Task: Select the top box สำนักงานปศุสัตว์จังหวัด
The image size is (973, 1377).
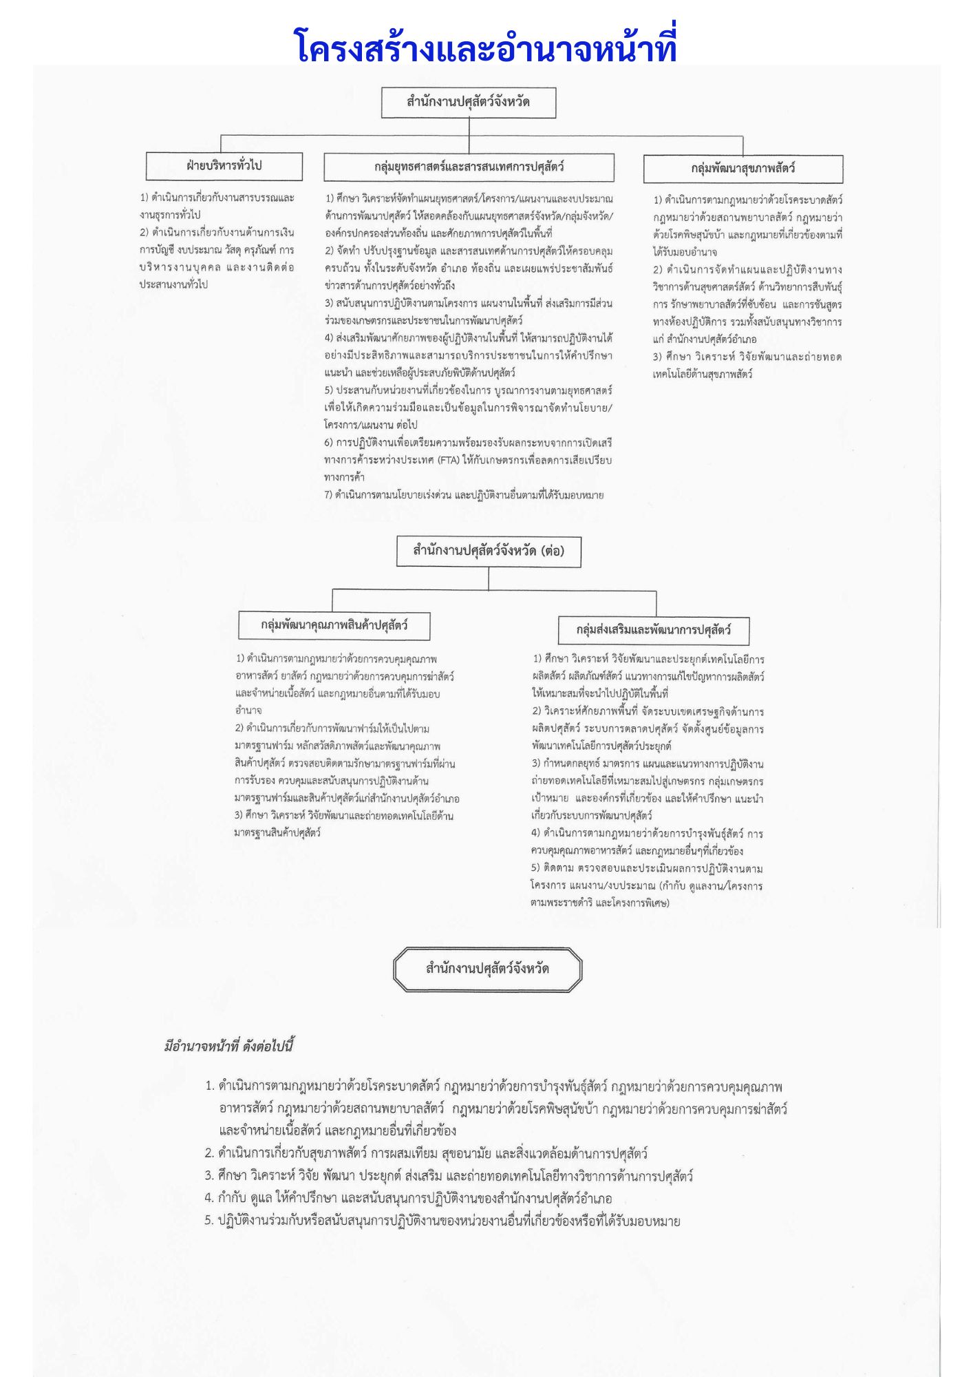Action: click(x=469, y=103)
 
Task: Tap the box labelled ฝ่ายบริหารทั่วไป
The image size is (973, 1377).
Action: click(x=224, y=166)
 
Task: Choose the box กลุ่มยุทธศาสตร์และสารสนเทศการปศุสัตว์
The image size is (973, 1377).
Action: click(x=469, y=167)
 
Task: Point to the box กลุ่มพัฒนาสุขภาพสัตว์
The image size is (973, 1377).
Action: click(x=742, y=169)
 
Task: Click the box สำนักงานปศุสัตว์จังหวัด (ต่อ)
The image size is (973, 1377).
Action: click(x=489, y=551)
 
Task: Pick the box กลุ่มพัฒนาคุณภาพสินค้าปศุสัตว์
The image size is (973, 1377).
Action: click(x=334, y=625)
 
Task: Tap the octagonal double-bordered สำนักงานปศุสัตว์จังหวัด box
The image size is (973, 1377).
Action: click(x=487, y=969)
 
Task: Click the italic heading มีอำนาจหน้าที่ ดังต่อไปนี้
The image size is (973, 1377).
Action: click(x=229, y=1047)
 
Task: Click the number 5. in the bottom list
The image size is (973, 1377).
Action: click(x=209, y=1221)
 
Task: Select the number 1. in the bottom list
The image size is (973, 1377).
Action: click(x=210, y=1086)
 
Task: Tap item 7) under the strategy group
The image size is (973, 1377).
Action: click(x=329, y=495)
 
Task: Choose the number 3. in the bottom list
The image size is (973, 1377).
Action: click(x=209, y=1176)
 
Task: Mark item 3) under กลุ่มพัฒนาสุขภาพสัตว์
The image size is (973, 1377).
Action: click(x=657, y=357)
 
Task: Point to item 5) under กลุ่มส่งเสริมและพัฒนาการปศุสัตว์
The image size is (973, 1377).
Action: click(x=536, y=868)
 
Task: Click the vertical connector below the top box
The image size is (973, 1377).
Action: click(x=469, y=127)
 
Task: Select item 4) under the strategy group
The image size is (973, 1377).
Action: click(x=329, y=339)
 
